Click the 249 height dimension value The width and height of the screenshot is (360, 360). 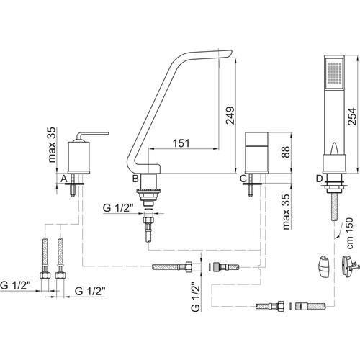point(230,115)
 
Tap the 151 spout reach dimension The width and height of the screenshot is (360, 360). point(181,143)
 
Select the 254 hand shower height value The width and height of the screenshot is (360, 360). point(352,117)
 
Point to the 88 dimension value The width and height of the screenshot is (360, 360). point(286,152)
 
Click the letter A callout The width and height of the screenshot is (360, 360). point(63,179)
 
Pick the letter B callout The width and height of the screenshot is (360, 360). point(135,179)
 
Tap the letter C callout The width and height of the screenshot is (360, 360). point(243,179)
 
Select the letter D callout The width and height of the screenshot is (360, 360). point(319,179)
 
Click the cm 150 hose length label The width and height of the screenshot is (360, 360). point(350,233)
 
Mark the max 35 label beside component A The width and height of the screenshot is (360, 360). point(52,145)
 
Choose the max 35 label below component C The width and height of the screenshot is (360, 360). point(286,212)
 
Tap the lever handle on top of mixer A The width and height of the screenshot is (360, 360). point(92,135)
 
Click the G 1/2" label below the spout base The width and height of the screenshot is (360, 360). point(118,207)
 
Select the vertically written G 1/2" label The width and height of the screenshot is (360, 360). point(196,297)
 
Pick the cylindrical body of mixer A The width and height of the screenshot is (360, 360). point(78,156)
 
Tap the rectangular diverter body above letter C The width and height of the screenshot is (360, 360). point(256,153)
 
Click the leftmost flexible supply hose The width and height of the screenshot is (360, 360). point(45,258)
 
